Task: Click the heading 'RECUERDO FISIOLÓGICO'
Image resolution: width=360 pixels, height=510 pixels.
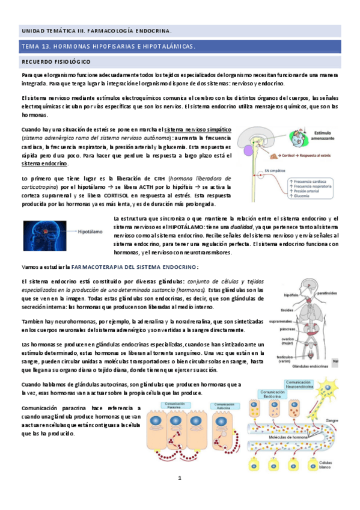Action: [56, 62]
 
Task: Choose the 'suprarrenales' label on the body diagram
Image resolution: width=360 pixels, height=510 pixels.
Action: [281, 321]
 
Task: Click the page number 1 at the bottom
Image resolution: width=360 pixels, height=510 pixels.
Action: [179, 478]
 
